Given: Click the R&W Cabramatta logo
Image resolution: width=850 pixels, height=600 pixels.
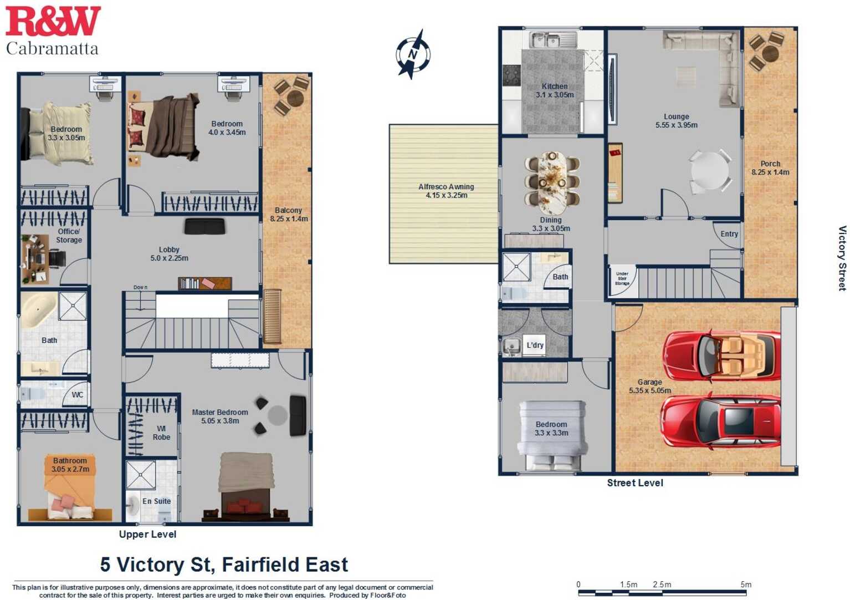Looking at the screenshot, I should [x=53, y=30].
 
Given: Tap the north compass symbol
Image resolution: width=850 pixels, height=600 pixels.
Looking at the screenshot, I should [x=413, y=54].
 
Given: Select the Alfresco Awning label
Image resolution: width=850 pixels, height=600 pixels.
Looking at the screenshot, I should [x=446, y=191].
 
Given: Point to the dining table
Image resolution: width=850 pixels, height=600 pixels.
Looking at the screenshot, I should [x=552, y=182].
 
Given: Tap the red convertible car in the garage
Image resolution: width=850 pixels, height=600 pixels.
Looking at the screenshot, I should [x=720, y=355].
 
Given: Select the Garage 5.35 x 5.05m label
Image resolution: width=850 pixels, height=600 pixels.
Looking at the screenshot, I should [x=649, y=386].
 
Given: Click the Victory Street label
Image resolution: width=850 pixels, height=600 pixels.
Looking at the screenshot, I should [x=842, y=258].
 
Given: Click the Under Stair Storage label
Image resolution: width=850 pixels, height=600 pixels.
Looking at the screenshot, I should [x=622, y=278].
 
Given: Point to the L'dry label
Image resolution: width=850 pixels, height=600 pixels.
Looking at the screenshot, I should [x=535, y=345].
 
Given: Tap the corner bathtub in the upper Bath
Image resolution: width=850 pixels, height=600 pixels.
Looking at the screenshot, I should [x=39, y=309].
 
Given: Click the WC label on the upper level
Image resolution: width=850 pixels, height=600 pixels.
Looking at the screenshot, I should [x=77, y=395].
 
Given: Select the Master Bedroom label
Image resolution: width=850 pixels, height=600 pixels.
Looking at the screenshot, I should [x=220, y=416].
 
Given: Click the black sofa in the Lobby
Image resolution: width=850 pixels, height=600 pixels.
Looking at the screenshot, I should [x=205, y=226].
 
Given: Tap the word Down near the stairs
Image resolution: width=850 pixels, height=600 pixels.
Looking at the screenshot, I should [x=140, y=287].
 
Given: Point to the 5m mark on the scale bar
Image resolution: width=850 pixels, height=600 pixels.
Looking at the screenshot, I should [x=746, y=585].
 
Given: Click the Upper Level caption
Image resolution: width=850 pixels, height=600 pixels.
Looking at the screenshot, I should [x=147, y=534].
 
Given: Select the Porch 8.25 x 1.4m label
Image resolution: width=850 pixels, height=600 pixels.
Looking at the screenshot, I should [x=770, y=168].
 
